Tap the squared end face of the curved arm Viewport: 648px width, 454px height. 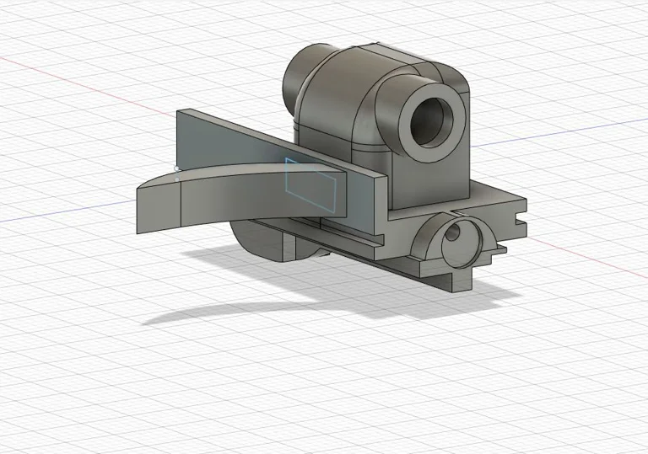pos(158,206)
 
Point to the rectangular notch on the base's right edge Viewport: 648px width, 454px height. pos(517,221)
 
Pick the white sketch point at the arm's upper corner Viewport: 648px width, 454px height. pos(177,169)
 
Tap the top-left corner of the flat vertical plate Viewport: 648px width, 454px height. pos(179,112)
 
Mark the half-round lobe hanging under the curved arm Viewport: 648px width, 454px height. pos(262,239)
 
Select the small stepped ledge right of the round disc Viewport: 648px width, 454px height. pos(499,248)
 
